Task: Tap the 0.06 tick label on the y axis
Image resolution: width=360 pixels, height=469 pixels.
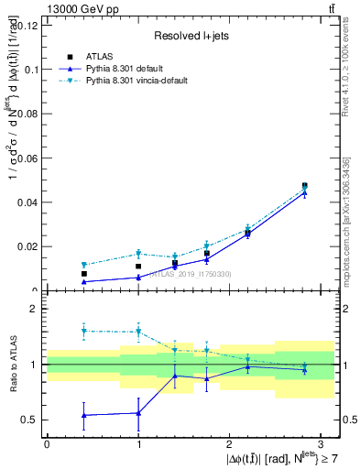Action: tap(26, 158)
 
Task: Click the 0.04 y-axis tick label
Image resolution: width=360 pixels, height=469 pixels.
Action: tap(26, 202)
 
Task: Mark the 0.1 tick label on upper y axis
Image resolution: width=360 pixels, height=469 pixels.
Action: tap(29, 70)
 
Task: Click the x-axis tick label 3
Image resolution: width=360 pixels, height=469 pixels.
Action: tap(322, 443)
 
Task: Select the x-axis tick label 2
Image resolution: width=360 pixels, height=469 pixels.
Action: tap(230, 443)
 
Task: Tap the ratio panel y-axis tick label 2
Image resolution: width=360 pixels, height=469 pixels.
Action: tap(34, 310)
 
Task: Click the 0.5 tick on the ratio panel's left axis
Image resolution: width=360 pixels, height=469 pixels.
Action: tap(29, 420)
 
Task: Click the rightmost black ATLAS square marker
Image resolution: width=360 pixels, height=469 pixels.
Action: tap(305, 186)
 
